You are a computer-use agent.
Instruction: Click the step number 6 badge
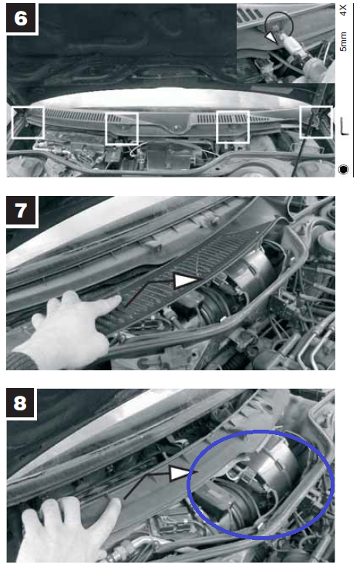tap(22, 18)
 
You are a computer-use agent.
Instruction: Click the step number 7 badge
tap(22, 211)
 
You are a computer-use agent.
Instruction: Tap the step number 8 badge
tap(21, 403)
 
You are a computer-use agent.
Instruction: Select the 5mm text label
tap(343, 42)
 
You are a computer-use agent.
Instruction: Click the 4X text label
tap(343, 10)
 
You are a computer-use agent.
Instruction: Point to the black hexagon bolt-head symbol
tap(343, 169)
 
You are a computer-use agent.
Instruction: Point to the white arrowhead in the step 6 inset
tap(271, 37)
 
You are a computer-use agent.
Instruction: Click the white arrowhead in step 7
tap(185, 281)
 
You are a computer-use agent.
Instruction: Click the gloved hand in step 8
tap(69, 530)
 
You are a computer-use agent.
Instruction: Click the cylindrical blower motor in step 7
tap(250, 275)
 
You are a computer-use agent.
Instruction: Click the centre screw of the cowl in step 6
tap(176, 127)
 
